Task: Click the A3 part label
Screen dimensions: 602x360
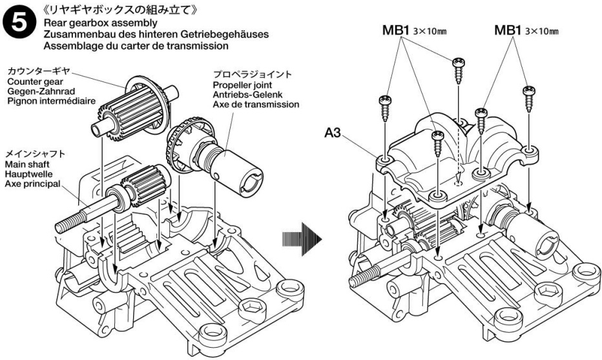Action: (333, 133)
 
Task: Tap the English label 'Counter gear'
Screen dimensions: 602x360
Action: (35, 82)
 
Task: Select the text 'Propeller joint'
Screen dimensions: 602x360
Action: (242, 85)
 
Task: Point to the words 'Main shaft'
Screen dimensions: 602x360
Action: (27, 164)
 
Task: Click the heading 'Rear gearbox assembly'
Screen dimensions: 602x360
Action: (100, 23)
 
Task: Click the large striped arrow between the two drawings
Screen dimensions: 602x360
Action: (302, 239)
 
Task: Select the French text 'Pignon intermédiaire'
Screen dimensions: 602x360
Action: (51, 101)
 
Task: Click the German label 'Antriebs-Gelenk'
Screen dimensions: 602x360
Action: (247, 94)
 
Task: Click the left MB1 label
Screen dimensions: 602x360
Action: (396, 30)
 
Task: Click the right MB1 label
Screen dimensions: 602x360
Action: (508, 30)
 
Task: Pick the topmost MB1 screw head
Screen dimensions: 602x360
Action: (459, 62)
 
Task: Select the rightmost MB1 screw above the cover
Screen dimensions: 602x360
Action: (529, 99)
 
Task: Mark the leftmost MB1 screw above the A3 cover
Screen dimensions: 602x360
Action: (386, 109)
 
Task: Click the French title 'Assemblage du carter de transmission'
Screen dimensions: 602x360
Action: (136, 46)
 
